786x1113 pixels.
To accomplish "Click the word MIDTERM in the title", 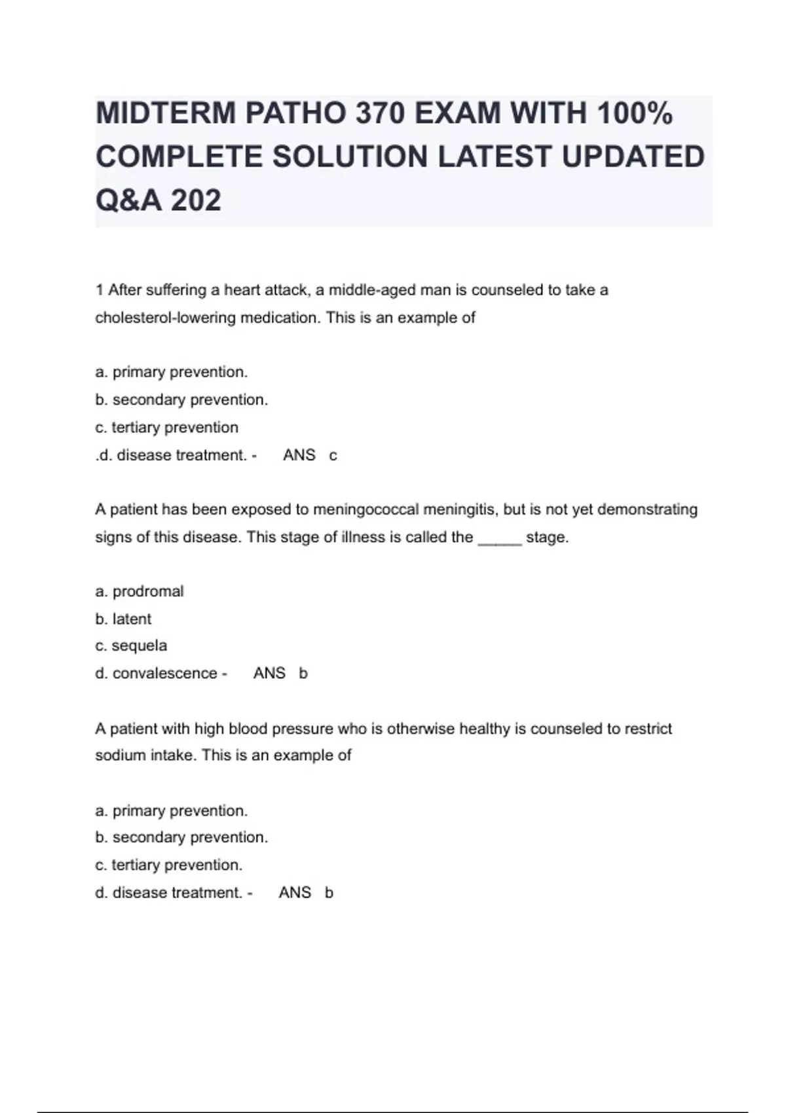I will click(x=165, y=113).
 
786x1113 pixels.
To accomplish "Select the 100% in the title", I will click(x=635, y=113).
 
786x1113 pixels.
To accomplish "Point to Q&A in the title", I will click(x=128, y=200).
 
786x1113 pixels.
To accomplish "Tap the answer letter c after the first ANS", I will click(x=333, y=456).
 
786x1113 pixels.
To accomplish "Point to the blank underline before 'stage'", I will click(x=500, y=539).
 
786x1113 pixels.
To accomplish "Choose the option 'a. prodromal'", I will click(x=139, y=591).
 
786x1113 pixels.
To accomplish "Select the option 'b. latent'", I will click(x=123, y=619).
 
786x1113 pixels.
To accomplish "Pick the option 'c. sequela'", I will click(x=131, y=646).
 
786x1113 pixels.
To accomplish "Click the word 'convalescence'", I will click(x=164, y=673).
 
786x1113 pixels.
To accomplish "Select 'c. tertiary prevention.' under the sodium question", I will click(x=168, y=865).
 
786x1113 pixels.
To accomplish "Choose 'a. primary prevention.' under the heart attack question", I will click(x=171, y=372).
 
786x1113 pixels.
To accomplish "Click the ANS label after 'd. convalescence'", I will click(x=269, y=673).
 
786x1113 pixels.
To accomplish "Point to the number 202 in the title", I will click(x=196, y=200).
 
